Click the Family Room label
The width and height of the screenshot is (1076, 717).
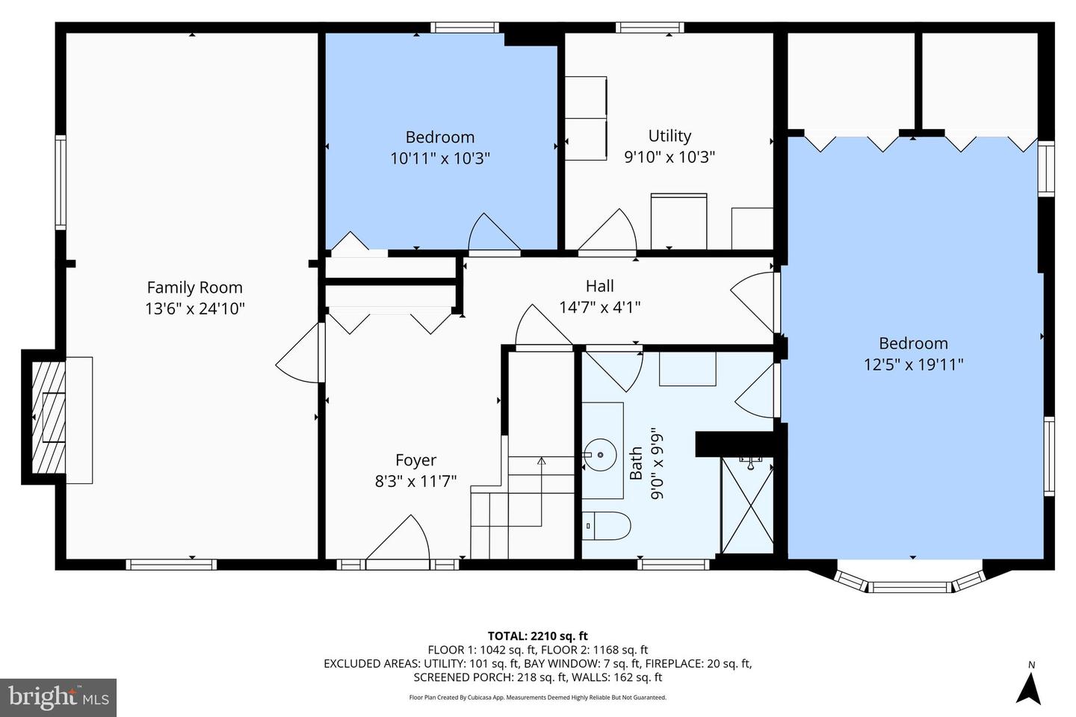click(194, 288)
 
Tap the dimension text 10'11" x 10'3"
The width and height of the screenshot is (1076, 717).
click(439, 158)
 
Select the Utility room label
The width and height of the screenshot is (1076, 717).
click(669, 136)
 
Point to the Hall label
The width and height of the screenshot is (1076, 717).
click(599, 286)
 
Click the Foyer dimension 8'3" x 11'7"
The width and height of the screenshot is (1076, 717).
click(415, 482)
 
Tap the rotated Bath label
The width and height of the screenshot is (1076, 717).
click(636, 463)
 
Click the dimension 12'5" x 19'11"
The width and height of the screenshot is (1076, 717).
click(913, 364)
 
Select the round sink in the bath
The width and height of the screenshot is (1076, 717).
click(600, 453)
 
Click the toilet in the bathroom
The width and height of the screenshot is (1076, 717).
click(606, 526)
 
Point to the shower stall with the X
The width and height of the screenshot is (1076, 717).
click(747, 505)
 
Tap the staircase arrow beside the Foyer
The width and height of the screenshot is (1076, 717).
click(541, 462)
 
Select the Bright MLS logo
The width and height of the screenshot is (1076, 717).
click(58, 698)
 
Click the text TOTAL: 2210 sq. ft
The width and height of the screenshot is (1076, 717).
click(537, 636)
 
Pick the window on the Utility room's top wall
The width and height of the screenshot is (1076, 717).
click(649, 28)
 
